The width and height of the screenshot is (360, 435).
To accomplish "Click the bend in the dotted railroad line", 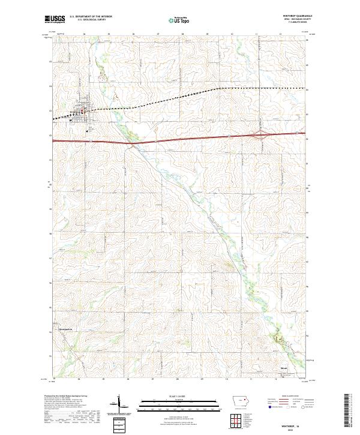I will [x=217, y=88].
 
